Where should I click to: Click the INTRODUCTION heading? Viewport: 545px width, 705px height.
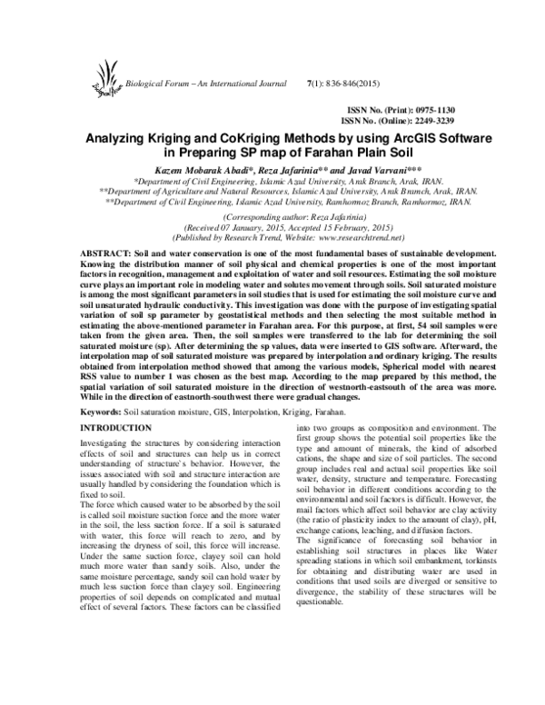pos(111,426)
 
